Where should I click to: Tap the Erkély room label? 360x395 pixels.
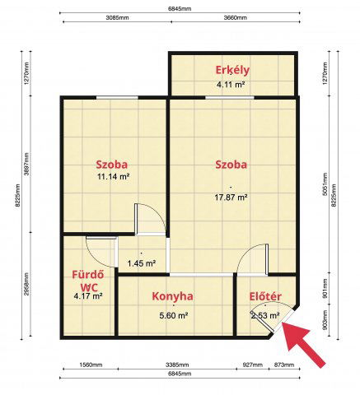point(232,70)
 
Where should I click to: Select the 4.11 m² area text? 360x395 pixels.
point(231,85)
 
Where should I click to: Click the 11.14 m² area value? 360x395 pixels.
point(113,176)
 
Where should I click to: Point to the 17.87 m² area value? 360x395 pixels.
point(231,197)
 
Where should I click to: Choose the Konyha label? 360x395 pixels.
point(172,296)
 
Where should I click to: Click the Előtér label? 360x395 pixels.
point(265,296)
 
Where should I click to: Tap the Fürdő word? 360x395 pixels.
point(88,274)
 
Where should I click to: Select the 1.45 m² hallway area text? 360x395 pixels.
point(142,264)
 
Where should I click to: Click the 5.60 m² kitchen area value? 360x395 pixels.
point(174,315)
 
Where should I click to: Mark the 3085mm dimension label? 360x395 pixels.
point(117,18)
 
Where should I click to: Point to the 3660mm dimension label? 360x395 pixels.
point(236,18)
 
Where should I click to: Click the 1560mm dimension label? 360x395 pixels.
point(91,365)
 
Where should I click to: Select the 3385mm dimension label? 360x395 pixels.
point(177,365)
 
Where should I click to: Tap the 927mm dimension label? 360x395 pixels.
point(253,365)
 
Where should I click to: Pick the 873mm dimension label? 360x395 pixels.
point(284,365)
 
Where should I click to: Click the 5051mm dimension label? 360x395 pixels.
point(325,184)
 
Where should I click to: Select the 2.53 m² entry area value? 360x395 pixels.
point(265,315)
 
